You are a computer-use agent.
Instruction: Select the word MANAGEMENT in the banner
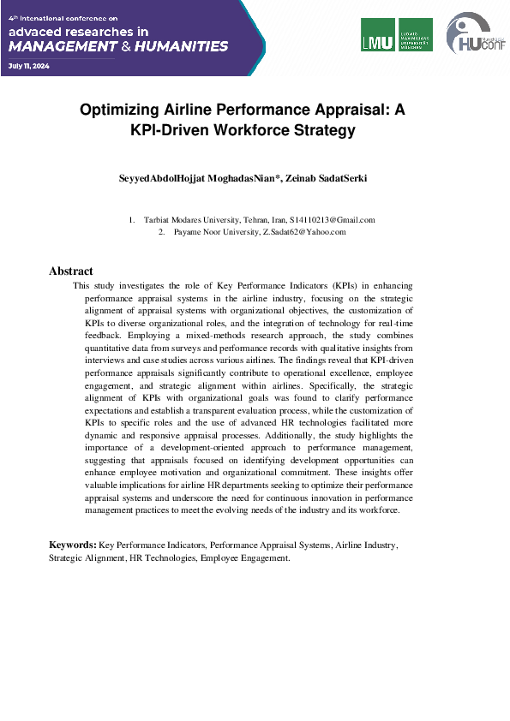coord(58,46)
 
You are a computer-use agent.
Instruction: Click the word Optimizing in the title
coord(121,110)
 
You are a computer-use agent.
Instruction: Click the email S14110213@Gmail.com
coord(333,220)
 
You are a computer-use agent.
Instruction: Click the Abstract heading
coord(70,271)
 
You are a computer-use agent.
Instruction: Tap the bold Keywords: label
coord(73,544)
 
